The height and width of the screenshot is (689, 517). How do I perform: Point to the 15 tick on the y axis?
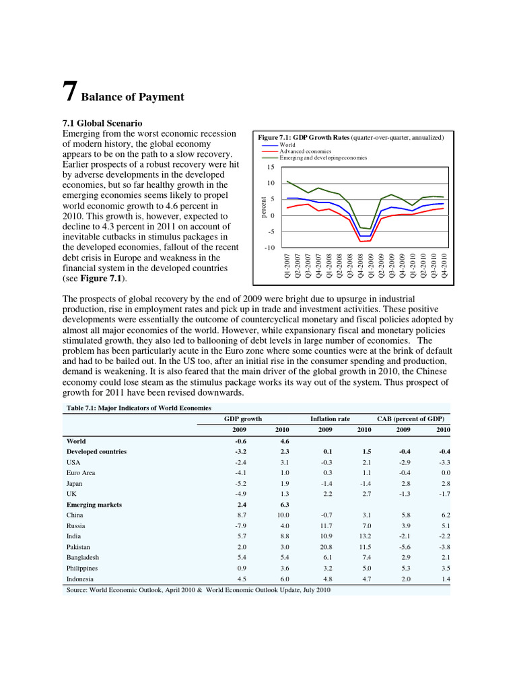(271, 167)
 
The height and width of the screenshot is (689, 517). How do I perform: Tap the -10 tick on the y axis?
(269, 248)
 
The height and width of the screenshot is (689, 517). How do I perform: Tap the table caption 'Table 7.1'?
(138, 408)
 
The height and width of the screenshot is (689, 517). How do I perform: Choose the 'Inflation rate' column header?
(330, 419)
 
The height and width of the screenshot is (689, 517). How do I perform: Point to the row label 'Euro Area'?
(81, 473)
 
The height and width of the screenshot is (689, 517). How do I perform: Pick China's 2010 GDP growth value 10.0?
(283, 515)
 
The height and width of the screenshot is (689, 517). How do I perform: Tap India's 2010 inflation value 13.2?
(364, 536)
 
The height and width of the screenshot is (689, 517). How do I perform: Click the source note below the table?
(199, 590)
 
